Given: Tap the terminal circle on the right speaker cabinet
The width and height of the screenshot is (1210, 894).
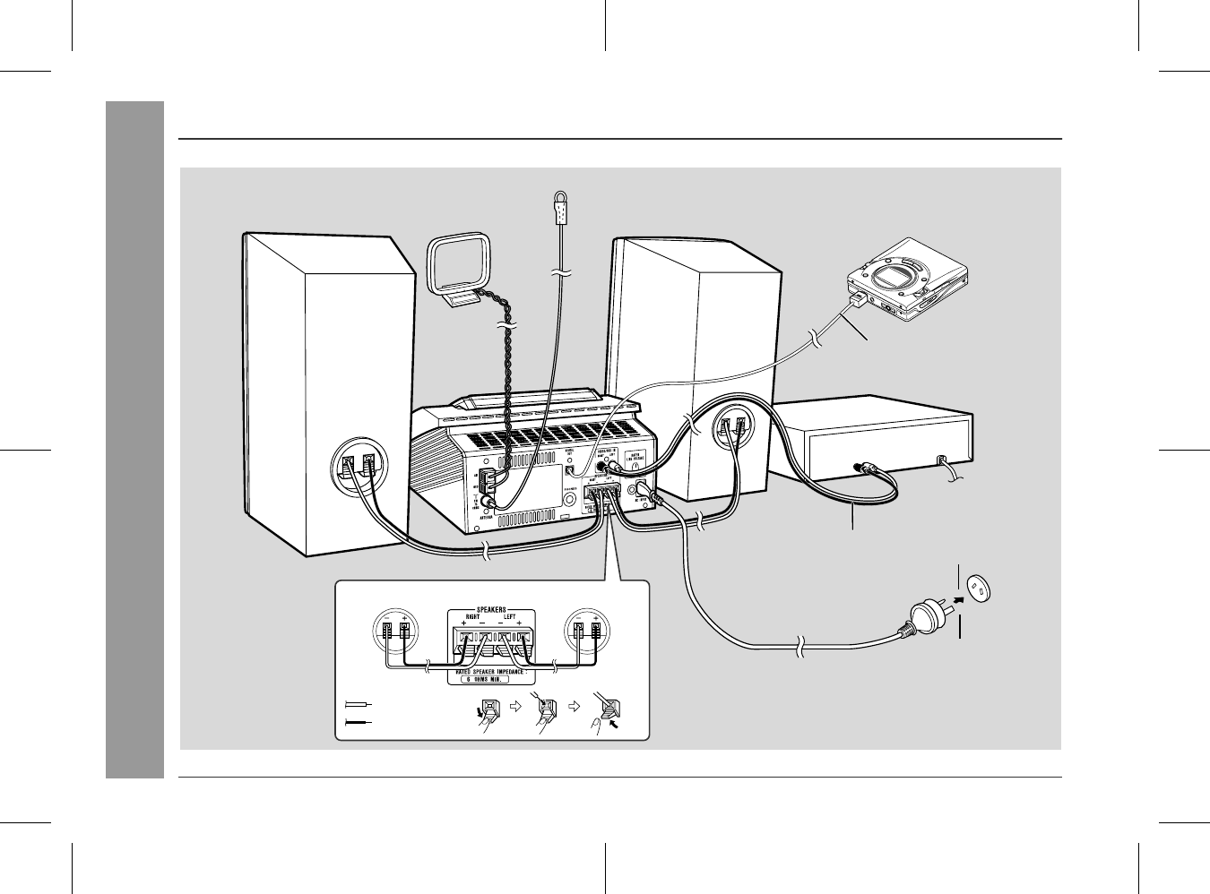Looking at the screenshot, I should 732,429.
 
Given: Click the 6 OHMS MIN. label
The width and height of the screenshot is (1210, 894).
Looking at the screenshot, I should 492,679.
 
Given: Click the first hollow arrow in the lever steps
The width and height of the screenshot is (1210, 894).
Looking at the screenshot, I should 514,705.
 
